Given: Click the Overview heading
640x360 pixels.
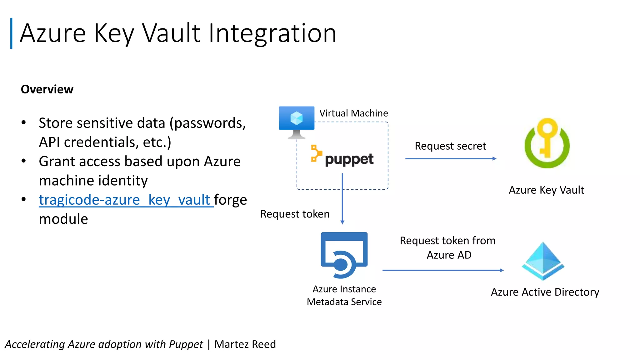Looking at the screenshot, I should click(x=47, y=89).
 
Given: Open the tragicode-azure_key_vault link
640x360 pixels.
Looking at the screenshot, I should click(x=125, y=200).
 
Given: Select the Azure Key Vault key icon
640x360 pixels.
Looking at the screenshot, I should click(x=547, y=143).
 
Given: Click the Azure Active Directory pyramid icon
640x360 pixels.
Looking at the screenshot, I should click(x=543, y=261).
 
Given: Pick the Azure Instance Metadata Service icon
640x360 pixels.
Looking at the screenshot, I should click(x=344, y=255).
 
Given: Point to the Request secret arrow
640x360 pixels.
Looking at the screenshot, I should click(x=450, y=159).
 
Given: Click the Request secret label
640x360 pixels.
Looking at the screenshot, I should click(x=450, y=146).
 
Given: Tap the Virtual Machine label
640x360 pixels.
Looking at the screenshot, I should click(x=353, y=113).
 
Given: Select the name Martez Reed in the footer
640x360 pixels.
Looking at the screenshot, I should click(x=245, y=344).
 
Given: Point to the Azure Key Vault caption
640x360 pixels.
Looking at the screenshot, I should click(x=546, y=190).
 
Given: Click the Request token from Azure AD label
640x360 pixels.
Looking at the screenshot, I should click(x=447, y=247).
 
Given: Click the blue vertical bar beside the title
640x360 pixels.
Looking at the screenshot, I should click(x=11, y=33).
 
